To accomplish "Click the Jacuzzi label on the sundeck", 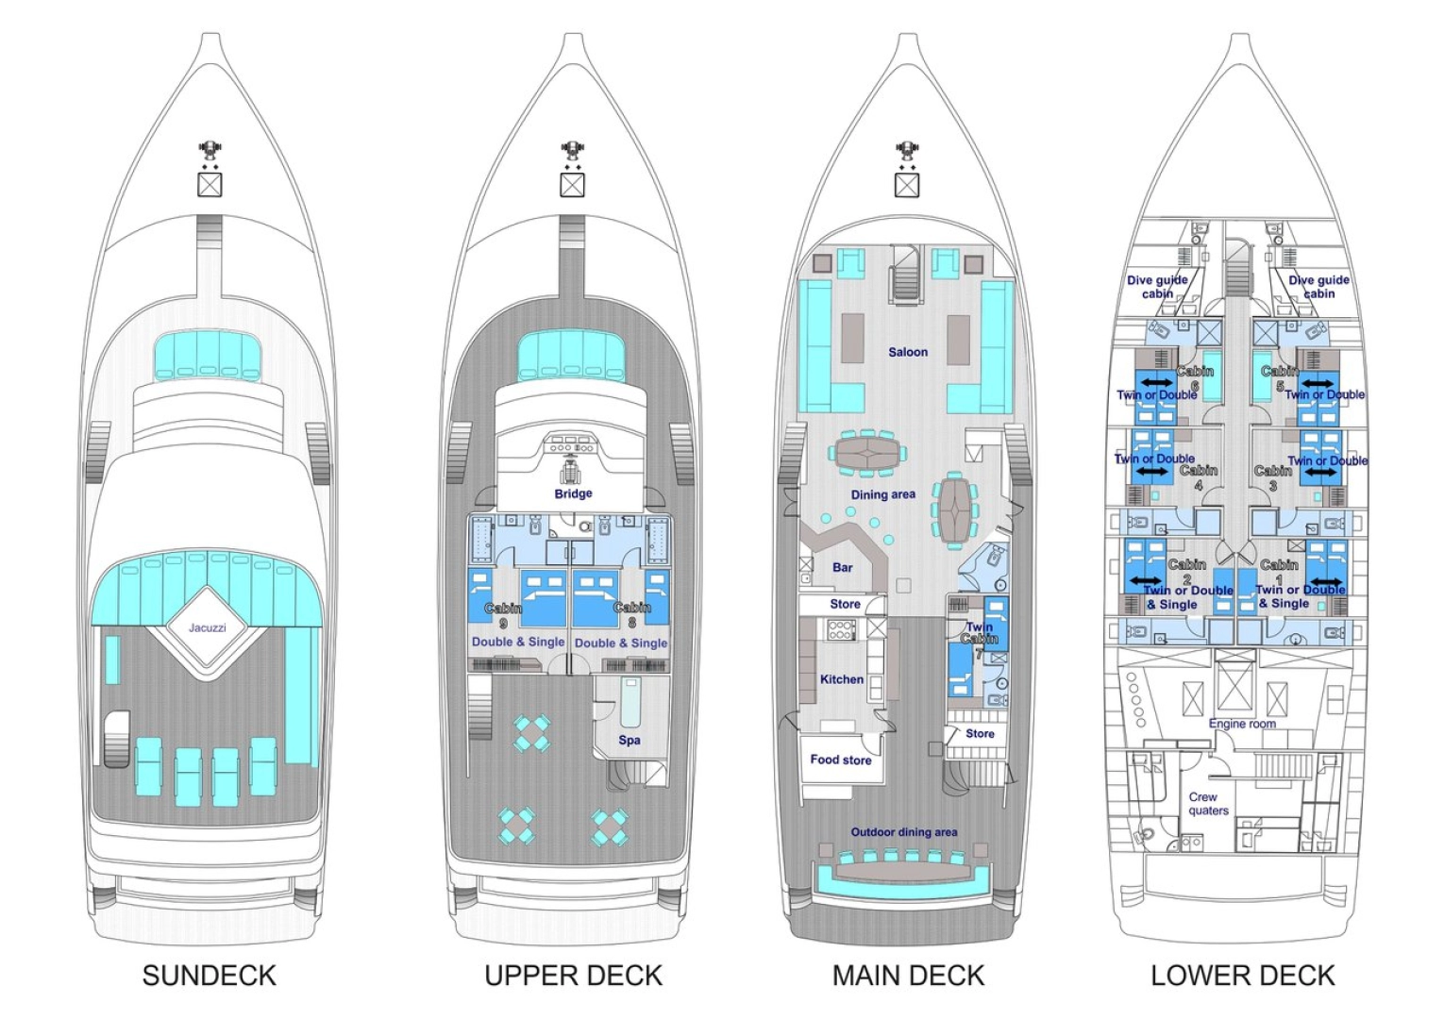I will (x=207, y=627).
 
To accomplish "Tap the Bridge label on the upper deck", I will (x=573, y=493).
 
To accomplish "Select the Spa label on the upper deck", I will (x=630, y=740).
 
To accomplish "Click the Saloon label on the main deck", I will (x=907, y=352).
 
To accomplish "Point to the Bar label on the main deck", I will (x=842, y=567).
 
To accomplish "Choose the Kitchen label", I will (x=841, y=679).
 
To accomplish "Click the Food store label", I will (x=840, y=760).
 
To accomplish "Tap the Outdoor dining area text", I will (x=903, y=832).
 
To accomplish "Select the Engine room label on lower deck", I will (x=1242, y=724).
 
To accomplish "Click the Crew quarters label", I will (x=1208, y=804).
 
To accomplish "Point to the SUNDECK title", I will (x=210, y=976).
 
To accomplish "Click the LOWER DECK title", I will (x=1242, y=976).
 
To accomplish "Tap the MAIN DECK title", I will (x=908, y=976).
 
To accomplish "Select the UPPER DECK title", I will (x=573, y=976).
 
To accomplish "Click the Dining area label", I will (x=882, y=494).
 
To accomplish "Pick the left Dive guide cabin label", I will (x=1157, y=287).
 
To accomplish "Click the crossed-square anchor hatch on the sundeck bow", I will (x=210, y=184).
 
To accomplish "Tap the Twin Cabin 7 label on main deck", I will (x=979, y=633).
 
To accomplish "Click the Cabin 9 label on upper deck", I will (x=503, y=615).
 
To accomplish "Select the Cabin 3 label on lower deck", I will (x=1272, y=477).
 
